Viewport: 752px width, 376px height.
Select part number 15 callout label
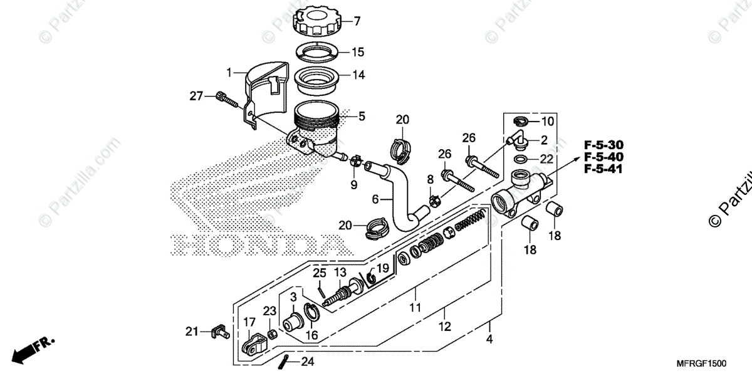click(x=357, y=52)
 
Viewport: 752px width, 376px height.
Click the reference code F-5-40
click(x=604, y=157)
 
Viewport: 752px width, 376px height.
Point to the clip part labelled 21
click(x=217, y=331)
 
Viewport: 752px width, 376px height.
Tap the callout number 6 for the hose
click(x=375, y=199)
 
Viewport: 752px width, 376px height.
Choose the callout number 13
click(x=340, y=273)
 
